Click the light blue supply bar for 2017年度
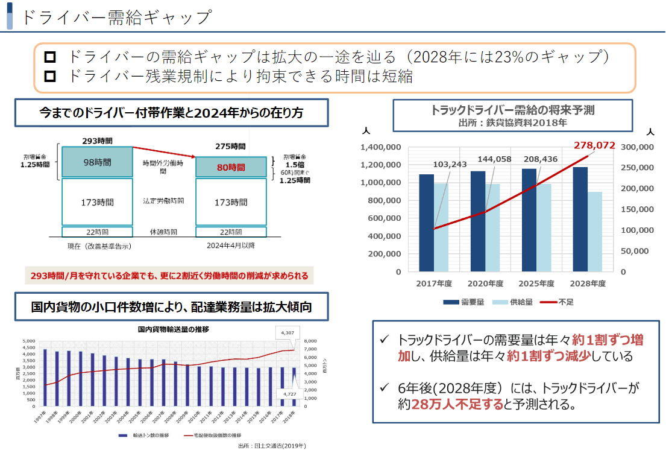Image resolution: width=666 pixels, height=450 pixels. (x=442, y=227)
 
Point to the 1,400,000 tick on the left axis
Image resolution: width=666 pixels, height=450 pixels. (x=380, y=147)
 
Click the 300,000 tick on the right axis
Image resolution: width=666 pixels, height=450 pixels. (x=637, y=147)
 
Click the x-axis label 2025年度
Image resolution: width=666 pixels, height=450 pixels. (x=536, y=284)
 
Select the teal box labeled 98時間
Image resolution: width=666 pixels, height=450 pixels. (x=97, y=162)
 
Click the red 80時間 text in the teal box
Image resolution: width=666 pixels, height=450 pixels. (x=230, y=167)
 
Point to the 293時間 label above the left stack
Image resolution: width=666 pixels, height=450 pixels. (x=97, y=141)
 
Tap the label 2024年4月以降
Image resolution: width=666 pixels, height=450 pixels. (x=230, y=246)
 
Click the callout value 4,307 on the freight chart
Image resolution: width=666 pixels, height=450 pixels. (x=288, y=332)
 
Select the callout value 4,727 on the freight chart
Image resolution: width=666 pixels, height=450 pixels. (x=289, y=394)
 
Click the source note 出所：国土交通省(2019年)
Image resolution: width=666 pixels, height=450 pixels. (x=272, y=446)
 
